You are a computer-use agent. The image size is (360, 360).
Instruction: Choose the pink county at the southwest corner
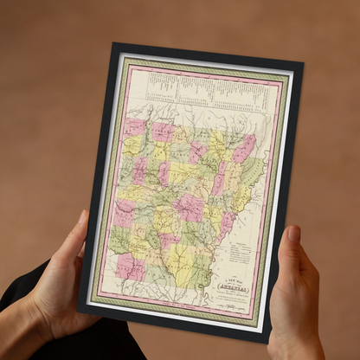click(x=131, y=266)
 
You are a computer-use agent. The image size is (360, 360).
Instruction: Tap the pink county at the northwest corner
click(x=135, y=128)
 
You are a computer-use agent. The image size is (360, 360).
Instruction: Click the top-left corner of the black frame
click(x=113, y=44)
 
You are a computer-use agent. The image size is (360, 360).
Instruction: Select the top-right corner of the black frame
click(x=302, y=63)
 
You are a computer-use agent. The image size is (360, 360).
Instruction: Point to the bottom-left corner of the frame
click(x=79, y=310)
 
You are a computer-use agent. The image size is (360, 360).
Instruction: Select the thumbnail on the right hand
click(x=293, y=235)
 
